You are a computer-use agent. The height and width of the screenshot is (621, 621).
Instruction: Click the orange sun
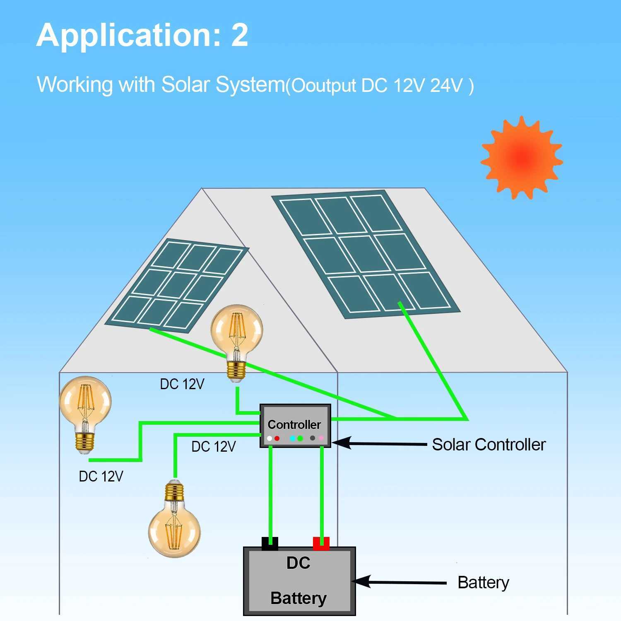521,158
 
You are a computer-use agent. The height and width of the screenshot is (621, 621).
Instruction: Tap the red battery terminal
321,544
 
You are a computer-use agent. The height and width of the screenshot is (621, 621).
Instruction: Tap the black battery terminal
270,544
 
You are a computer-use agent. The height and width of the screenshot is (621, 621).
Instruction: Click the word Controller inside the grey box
294,424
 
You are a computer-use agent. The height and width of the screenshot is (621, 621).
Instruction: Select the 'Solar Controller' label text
489,445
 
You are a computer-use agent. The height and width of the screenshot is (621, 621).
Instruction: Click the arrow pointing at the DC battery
400,582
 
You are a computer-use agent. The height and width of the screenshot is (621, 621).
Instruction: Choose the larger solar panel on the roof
365,254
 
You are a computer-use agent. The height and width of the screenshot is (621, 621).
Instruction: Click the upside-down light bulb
174,520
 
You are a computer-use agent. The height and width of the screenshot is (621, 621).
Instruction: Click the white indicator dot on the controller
270,438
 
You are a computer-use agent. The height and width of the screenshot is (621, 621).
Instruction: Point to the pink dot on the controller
321,438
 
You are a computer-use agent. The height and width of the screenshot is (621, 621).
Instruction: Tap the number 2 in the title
239,35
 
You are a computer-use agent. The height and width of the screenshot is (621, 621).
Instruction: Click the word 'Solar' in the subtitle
185,84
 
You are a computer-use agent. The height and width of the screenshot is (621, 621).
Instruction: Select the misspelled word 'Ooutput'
324,86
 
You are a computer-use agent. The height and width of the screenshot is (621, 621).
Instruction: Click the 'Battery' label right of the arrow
483,582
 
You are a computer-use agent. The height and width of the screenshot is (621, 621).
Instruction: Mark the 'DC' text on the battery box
298,563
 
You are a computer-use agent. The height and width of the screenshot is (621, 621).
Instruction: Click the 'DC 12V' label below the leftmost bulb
101,477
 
